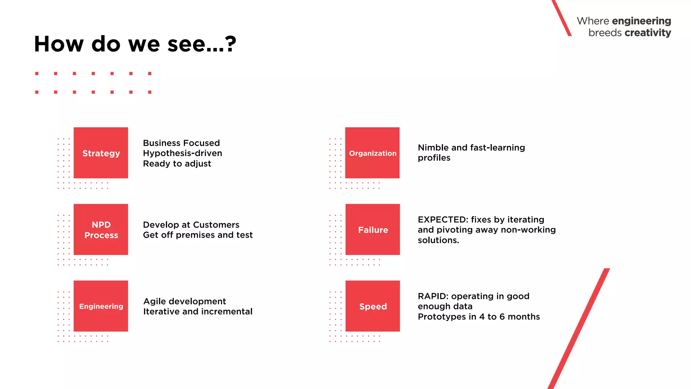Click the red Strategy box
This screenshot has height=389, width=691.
101,153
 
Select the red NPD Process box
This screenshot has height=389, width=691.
101,229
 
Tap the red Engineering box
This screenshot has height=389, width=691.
101,306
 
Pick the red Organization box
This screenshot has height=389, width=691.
372,153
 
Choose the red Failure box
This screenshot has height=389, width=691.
372,229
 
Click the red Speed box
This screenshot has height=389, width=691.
372,306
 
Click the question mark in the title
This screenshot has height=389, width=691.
230,44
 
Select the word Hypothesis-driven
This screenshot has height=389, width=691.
183,153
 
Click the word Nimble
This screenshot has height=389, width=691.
433,148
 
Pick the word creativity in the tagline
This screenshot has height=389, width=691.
648,33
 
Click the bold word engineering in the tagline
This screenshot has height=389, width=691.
641,21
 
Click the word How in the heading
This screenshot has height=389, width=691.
58,44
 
